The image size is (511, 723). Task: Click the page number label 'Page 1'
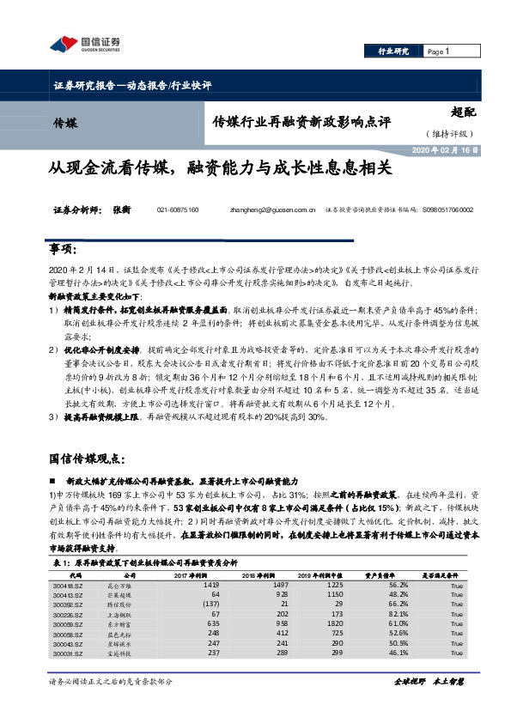pyautogui.click(x=439, y=52)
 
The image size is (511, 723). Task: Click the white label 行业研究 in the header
pyautogui.click(x=393, y=52)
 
